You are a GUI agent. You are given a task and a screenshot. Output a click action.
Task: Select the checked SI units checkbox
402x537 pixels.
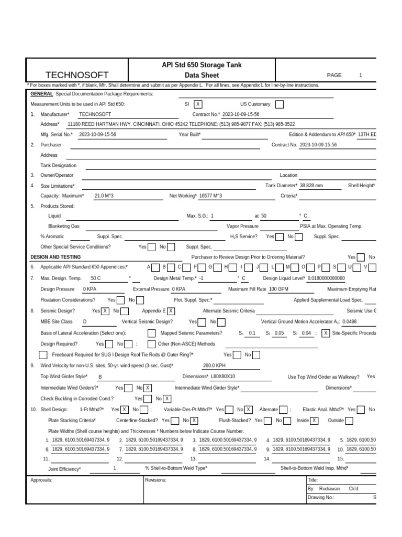(198, 104)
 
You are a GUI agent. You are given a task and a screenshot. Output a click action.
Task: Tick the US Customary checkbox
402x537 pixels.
(279, 104)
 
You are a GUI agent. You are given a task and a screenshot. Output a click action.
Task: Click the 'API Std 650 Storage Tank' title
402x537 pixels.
(202, 65)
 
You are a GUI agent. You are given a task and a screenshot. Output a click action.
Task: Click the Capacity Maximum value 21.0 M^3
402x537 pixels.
(104, 196)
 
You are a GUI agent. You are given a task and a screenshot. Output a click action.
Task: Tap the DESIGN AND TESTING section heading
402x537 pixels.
(55, 257)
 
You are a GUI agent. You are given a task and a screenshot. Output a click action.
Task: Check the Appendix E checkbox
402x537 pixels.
(171, 311)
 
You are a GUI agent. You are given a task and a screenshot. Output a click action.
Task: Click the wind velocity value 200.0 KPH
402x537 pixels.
(214, 366)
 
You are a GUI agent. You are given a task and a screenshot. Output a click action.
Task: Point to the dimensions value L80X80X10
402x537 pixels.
(223, 377)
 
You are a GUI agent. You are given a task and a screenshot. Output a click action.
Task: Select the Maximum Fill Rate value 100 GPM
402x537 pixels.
(280, 289)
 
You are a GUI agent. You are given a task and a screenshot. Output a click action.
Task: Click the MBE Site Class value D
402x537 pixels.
(85, 321)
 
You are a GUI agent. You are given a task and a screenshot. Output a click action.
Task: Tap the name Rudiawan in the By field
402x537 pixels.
(329, 488)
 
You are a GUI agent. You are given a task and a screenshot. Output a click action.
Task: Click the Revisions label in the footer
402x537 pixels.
(156, 480)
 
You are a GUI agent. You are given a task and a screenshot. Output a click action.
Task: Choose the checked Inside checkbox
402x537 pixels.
(314, 421)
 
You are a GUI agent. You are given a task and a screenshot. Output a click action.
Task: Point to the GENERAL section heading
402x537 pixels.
(42, 93)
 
